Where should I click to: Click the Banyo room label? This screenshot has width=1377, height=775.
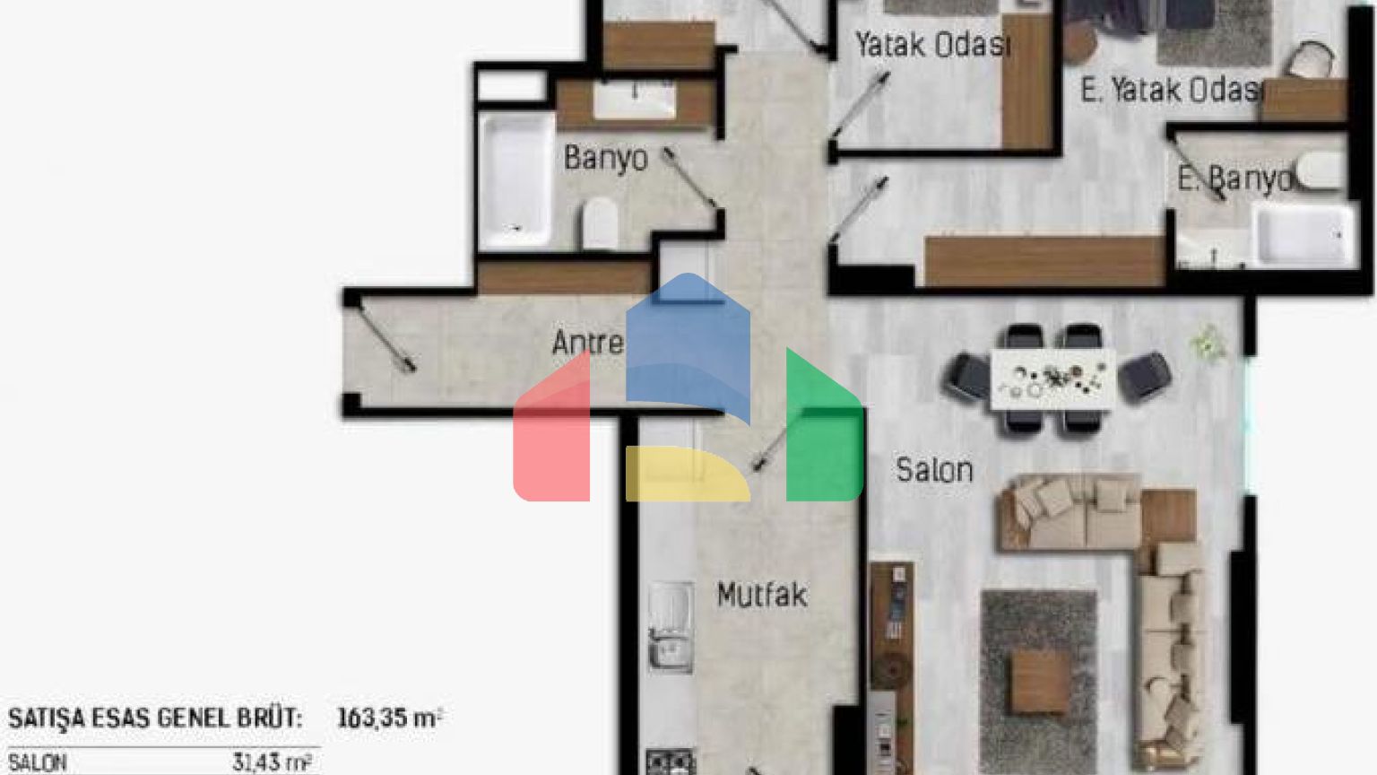(x=605, y=159)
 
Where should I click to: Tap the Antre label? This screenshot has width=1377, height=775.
(x=588, y=342)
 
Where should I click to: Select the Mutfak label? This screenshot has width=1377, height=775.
(x=762, y=595)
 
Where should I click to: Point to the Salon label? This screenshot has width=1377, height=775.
(x=934, y=471)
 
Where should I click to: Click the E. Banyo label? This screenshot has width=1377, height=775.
(x=1234, y=179)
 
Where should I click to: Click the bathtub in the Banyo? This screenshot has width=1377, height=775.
(x=515, y=181)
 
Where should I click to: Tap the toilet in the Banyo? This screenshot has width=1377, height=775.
(x=600, y=222)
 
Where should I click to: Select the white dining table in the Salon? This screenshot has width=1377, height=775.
(x=1053, y=379)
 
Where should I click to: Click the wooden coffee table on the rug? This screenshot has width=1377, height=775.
(x=1042, y=682)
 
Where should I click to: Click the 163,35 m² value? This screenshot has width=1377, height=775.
(x=390, y=718)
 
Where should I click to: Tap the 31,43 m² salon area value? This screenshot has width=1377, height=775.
(x=272, y=762)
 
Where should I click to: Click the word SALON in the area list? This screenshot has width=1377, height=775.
(x=37, y=763)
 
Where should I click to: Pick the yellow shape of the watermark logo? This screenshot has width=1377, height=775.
(x=688, y=474)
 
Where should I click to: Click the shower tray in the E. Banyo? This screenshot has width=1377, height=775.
(x=1304, y=234)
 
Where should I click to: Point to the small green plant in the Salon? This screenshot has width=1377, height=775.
(x=1208, y=344)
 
